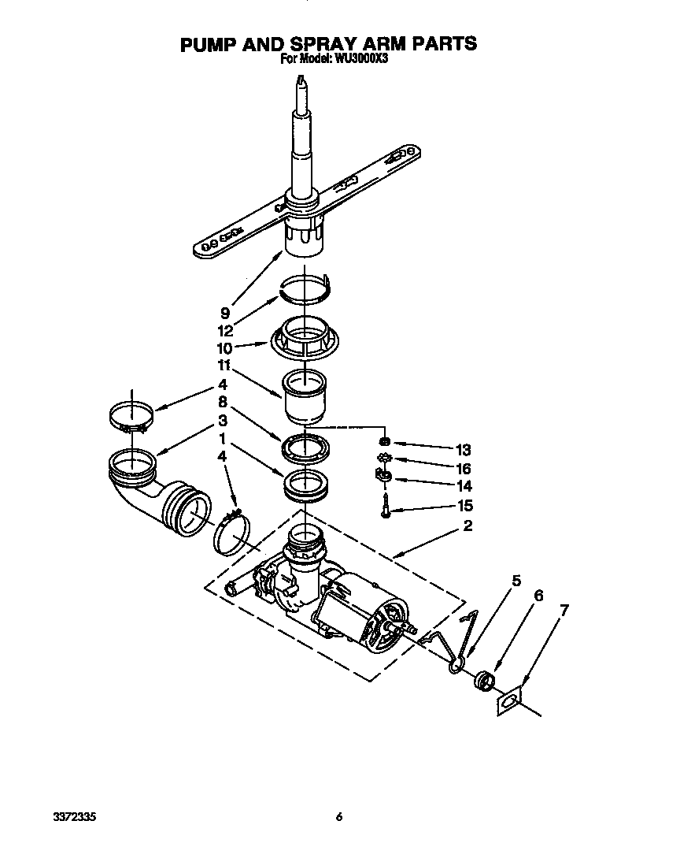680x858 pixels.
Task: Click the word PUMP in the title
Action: pyautogui.click(x=208, y=43)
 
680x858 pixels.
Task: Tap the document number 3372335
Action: pyautogui.click(x=57, y=816)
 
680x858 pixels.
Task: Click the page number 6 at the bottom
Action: pyautogui.click(x=339, y=816)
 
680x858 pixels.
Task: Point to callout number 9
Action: pyautogui.click(x=225, y=313)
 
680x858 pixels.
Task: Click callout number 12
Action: pyautogui.click(x=225, y=330)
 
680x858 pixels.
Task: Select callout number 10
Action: pyautogui.click(x=225, y=347)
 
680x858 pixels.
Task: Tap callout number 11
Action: pyautogui.click(x=225, y=366)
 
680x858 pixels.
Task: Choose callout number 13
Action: pyautogui.click(x=463, y=450)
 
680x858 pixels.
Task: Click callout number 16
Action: pyautogui.click(x=463, y=469)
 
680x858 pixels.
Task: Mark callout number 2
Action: pyautogui.click(x=468, y=526)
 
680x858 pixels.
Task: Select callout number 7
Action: pyautogui.click(x=564, y=610)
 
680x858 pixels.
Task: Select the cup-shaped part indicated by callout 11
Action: pyautogui.click(x=304, y=396)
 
